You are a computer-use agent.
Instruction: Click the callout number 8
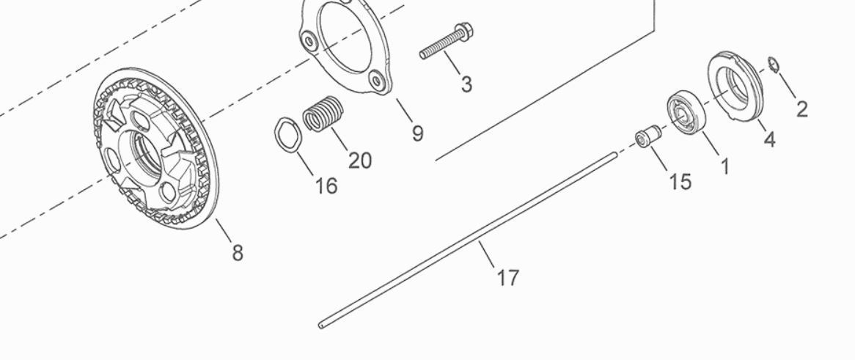pos(237,253)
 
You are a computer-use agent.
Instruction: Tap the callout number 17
pos(507,278)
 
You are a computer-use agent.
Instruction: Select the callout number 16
pos(326,186)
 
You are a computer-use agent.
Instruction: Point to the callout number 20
pos(360,161)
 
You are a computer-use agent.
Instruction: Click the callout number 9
pos(417,133)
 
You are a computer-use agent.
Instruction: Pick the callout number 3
pos(466,84)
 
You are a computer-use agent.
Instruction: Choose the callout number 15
pos(680,182)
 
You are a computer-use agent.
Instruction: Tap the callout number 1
pos(725,166)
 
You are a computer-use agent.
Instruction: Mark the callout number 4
pos(769,139)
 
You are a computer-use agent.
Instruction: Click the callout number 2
pos(801,109)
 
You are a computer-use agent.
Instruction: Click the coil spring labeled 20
pos(323,114)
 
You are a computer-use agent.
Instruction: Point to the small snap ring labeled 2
pos(774,65)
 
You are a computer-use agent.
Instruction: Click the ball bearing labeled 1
pos(686,114)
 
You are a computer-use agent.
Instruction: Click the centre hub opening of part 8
pos(144,150)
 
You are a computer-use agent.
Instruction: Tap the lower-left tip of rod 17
pos(320,326)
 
